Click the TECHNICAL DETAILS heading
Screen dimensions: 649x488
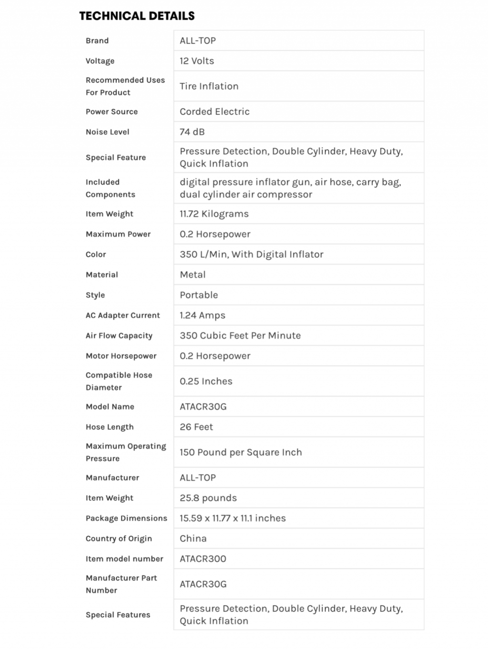[137, 16]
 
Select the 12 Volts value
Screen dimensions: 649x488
[197, 61]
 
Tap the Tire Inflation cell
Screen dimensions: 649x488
[209, 86]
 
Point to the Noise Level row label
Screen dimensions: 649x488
[107, 132]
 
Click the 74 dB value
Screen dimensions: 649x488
[192, 132]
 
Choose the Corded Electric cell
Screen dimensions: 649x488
[214, 111]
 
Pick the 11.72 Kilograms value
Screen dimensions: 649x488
[214, 214]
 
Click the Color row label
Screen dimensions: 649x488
[96, 254]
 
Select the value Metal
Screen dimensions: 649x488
[193, 275]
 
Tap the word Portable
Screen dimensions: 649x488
[199, 295]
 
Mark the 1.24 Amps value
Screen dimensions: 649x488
[203, 315]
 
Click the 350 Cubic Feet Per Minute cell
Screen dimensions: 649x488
[240, 336]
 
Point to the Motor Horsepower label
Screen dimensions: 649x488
[121, 356]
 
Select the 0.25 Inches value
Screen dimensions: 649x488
[206, 381]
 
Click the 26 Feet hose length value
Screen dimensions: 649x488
[196, 427]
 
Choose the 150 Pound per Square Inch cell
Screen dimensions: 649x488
[241, 452]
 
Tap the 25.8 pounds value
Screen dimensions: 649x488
[208, 498]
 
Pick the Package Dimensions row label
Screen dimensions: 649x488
[126, 518]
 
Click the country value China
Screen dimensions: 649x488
[193, 539]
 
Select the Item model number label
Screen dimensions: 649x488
[124, 559]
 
